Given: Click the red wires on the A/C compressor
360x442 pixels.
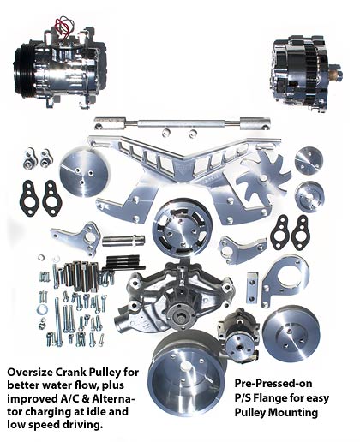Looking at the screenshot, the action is click(x=64, y=27).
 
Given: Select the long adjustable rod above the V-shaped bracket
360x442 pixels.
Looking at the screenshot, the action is click(x=183, y=123).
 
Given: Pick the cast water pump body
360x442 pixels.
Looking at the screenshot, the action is click(x=174, y=297).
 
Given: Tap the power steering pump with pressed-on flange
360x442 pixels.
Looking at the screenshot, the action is click(x=237, y=335).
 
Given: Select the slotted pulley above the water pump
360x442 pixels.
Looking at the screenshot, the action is click(x=183, y=229).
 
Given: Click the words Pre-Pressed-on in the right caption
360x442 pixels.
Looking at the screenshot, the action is click(x=273, y=384).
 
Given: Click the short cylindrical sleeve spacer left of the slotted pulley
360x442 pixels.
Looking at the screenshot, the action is click(x=123, y=241).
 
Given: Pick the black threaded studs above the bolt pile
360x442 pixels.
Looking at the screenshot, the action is click(x=124, y=263).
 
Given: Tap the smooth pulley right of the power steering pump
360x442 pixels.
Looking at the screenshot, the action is click(x=291, y=334).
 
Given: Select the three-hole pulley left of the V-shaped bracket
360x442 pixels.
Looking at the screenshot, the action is click(x=84, y=172).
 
